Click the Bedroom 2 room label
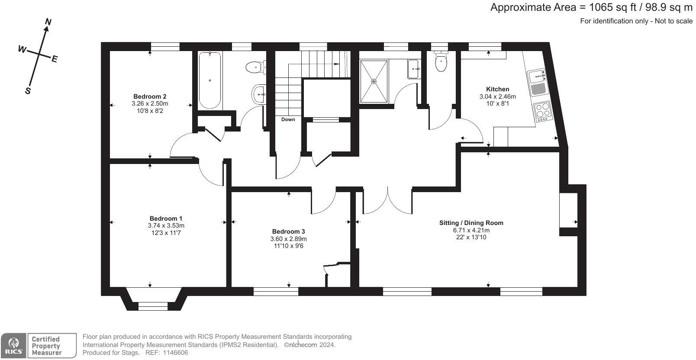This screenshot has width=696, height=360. point(150,96)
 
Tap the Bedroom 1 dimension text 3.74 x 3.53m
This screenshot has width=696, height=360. point(166,225)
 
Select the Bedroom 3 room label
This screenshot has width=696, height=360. point(288,231)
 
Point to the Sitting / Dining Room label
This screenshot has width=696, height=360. point(471,223)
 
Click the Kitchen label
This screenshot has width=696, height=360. point(497,89)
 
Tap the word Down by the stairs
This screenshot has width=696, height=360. point(288,119)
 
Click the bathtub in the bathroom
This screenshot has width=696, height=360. point(210,80)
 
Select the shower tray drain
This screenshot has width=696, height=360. point(374,81)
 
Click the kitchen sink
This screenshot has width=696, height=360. point(537,76)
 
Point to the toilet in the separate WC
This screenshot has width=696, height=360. point(441,61)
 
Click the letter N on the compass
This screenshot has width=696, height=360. point(48,22)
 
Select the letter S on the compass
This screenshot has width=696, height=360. point(28,91)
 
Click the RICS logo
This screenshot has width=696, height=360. point(13,346)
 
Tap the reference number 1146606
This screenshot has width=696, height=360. point(175,353)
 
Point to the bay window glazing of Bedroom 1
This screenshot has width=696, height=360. point(153,306)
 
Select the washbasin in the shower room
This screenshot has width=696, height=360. point(414,69)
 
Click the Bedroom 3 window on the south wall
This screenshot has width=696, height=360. point(276,291)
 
